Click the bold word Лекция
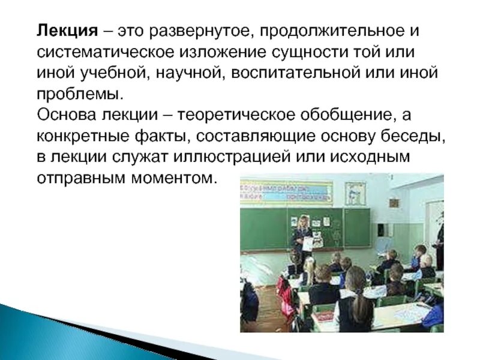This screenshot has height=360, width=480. click(61, 29)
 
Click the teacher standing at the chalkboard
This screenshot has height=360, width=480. click(301, 237)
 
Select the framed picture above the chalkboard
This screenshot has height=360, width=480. click(355, 193)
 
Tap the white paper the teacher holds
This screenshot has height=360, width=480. click(309, 243)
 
